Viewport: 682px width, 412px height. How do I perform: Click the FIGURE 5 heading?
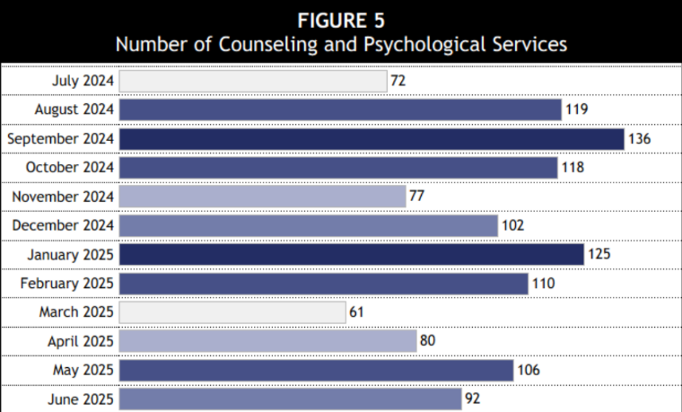(x=341, y=19)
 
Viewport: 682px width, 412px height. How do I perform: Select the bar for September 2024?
(x=371, y=139)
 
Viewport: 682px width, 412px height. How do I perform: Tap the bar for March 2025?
(x=232, y=312)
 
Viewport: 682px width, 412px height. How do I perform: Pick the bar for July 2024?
(x=253, y=82)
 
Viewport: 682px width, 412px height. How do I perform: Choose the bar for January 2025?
(x=351, y=255)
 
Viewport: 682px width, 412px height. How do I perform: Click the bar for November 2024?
(x=262, y=197)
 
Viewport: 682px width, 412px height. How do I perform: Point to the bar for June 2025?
(x=290, y=399)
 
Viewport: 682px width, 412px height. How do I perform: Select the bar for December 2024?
(x=308, y=226)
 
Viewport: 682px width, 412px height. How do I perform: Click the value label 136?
(x=639, y=139)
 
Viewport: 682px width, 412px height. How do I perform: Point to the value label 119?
(x=576, y=110)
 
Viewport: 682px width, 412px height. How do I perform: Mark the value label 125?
(x=599, y=255)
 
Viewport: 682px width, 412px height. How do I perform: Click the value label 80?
(x=428, y=341)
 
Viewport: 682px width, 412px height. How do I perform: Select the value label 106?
(x=529, y=370)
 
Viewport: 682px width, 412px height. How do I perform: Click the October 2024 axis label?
(x=70, y=168)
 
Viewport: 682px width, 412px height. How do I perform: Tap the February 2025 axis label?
(x=67, y=284)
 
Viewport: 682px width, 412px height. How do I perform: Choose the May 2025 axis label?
(x=81, y=370)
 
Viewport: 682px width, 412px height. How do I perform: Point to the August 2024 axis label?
(x=74, y=110)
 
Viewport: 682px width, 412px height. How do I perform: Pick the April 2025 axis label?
(x=81, y=341)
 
